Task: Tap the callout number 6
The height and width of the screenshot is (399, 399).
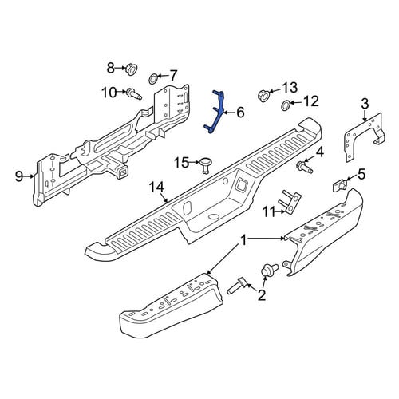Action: click(240, 113)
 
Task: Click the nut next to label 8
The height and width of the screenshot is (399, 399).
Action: click(132, 69)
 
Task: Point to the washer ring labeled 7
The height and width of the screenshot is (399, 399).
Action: click(153, 79)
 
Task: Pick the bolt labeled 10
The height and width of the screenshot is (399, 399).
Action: click(134, 94)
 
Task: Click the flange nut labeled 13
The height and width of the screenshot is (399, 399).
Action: click(263, 96)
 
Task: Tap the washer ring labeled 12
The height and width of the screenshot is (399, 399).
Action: click(286, 105)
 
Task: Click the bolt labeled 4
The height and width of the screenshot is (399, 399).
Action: click(305, 168)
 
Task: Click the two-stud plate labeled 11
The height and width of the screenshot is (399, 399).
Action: click(290, 202)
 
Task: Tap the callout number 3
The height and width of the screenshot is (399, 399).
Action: click(365, 103)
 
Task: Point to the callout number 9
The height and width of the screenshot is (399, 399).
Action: click(19, 176)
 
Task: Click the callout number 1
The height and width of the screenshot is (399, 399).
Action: click(243, 241)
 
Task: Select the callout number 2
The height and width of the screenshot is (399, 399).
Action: click(262, 295)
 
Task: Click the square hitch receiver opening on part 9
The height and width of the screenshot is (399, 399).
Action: click(123, 174)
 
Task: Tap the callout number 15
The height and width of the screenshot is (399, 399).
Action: click(181, 163)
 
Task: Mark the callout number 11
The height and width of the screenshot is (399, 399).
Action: click(269, 212)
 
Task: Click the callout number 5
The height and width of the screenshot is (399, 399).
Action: click(361, 175)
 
